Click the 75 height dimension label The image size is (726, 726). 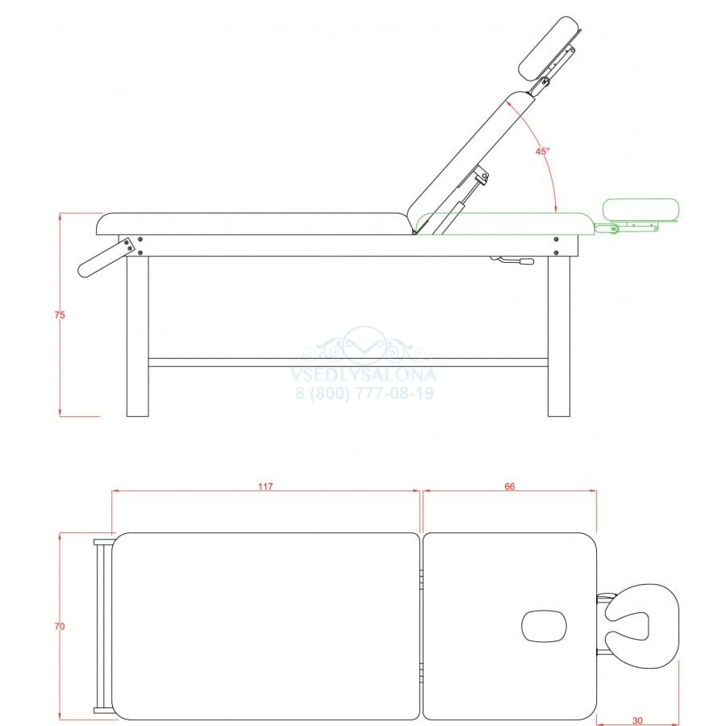point(60,315)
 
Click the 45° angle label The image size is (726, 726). point(543,152)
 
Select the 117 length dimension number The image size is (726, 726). point(265,486)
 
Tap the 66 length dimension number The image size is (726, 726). point(509,486)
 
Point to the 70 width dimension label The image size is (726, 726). point(60,627)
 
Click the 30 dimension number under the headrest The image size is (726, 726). point(637,720)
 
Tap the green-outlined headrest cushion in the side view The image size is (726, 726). point(640,209)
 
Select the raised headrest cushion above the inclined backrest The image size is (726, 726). point(546,48)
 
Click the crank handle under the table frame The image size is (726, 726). point(513,261)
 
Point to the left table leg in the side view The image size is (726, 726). point(137,336)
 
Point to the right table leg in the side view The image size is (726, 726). point(559,336)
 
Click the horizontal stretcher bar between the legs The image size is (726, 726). point(348,362)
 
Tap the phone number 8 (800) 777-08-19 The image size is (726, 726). point(365,394)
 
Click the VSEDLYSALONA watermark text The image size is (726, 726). point(364,374)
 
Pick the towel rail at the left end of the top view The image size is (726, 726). point(102,626)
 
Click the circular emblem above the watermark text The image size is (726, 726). point(365,345)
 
